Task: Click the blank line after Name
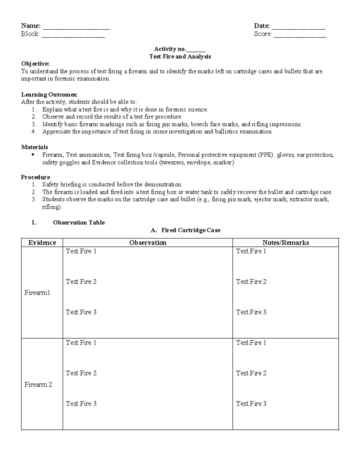pyautogui.click(x=76, y=28)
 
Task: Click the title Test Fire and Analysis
pyautogui.click(x=180, y=56)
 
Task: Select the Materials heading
pyautogui.click(x=34, y=147)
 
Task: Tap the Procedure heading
pyautogui.click(x=35, y=177)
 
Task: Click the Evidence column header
pyautogui.click(x=42, y=242)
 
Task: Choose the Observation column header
pyautogui.click(x=148, y=242)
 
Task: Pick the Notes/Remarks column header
pyautogui.click(x=285, y=242)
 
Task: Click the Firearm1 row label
pyautogui.click(x=37, y=293)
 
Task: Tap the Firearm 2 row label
pyautogui.click(x=38, y=384)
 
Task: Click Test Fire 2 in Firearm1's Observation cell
pyautogui.click(x=81, y=281)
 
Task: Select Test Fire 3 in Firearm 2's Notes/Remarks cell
pyautogui.click(x=251, y=404)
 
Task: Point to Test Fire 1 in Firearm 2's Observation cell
pyautogui.click(x=81, y=342)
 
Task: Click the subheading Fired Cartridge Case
pyautogui.click(x=191, y=230)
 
